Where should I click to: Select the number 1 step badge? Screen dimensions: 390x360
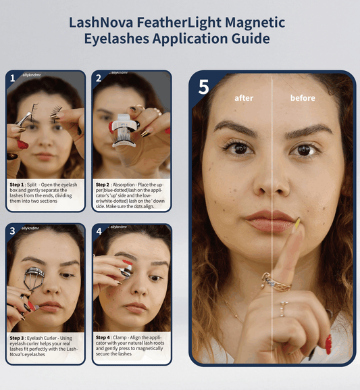tap(12, 77)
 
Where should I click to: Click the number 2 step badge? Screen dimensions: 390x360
tap(99, 77)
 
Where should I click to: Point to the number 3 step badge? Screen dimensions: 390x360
tap(12, 230)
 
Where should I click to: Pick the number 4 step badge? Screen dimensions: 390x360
tap(99, 230)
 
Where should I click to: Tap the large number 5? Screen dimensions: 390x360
tap(204, 87)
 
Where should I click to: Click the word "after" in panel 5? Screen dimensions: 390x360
tap(244, 98)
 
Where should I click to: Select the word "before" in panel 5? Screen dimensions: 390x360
tap(303, 98)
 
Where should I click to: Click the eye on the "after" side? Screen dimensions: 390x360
tap(238, 147)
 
